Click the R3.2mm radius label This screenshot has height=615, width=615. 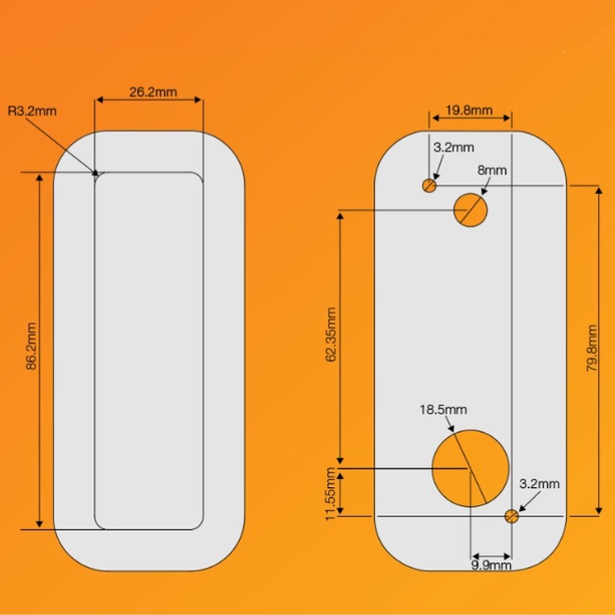pyautogui.click(x=32, y=111)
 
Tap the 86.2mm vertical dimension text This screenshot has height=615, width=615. pyautogui.click(x=30, y=348)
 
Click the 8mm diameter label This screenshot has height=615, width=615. pyautogui.click(x=492, y=169)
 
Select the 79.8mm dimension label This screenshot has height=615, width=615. pyautogui.click(x=591, y=349)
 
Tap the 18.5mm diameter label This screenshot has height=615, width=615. pyautogui.click(x=443, y=410)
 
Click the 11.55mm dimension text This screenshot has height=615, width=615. pyautogui.click(x=330, y=494)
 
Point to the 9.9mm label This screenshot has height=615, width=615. pyautogui.click(x=490, y=565)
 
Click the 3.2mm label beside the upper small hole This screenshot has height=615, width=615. pyautogui.click(x=453, y=148)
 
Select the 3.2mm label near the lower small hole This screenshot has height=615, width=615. pyautogui.click(x=539, y=483)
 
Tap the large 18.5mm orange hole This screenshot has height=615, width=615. pyautogui.click(x=470, y=467)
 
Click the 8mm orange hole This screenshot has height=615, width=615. pyautogui.click(x=470, y=209)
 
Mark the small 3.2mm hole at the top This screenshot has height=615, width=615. pyautogui.click(x=430, y=185)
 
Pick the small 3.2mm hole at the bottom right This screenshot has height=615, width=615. pyautogui.click(x=512, y=516)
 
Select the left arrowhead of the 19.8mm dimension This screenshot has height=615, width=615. pyautogui.click(x=434, y=119)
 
